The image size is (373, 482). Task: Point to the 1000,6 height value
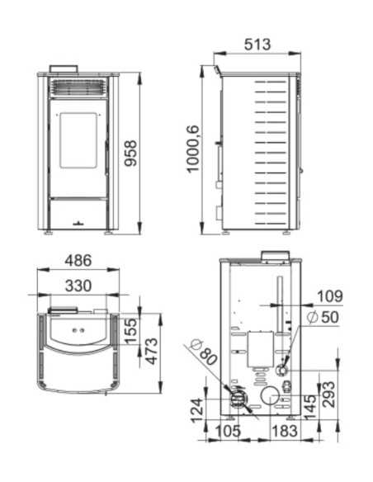193,149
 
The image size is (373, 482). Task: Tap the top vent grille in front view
79,87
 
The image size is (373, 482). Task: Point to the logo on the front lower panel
79,220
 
